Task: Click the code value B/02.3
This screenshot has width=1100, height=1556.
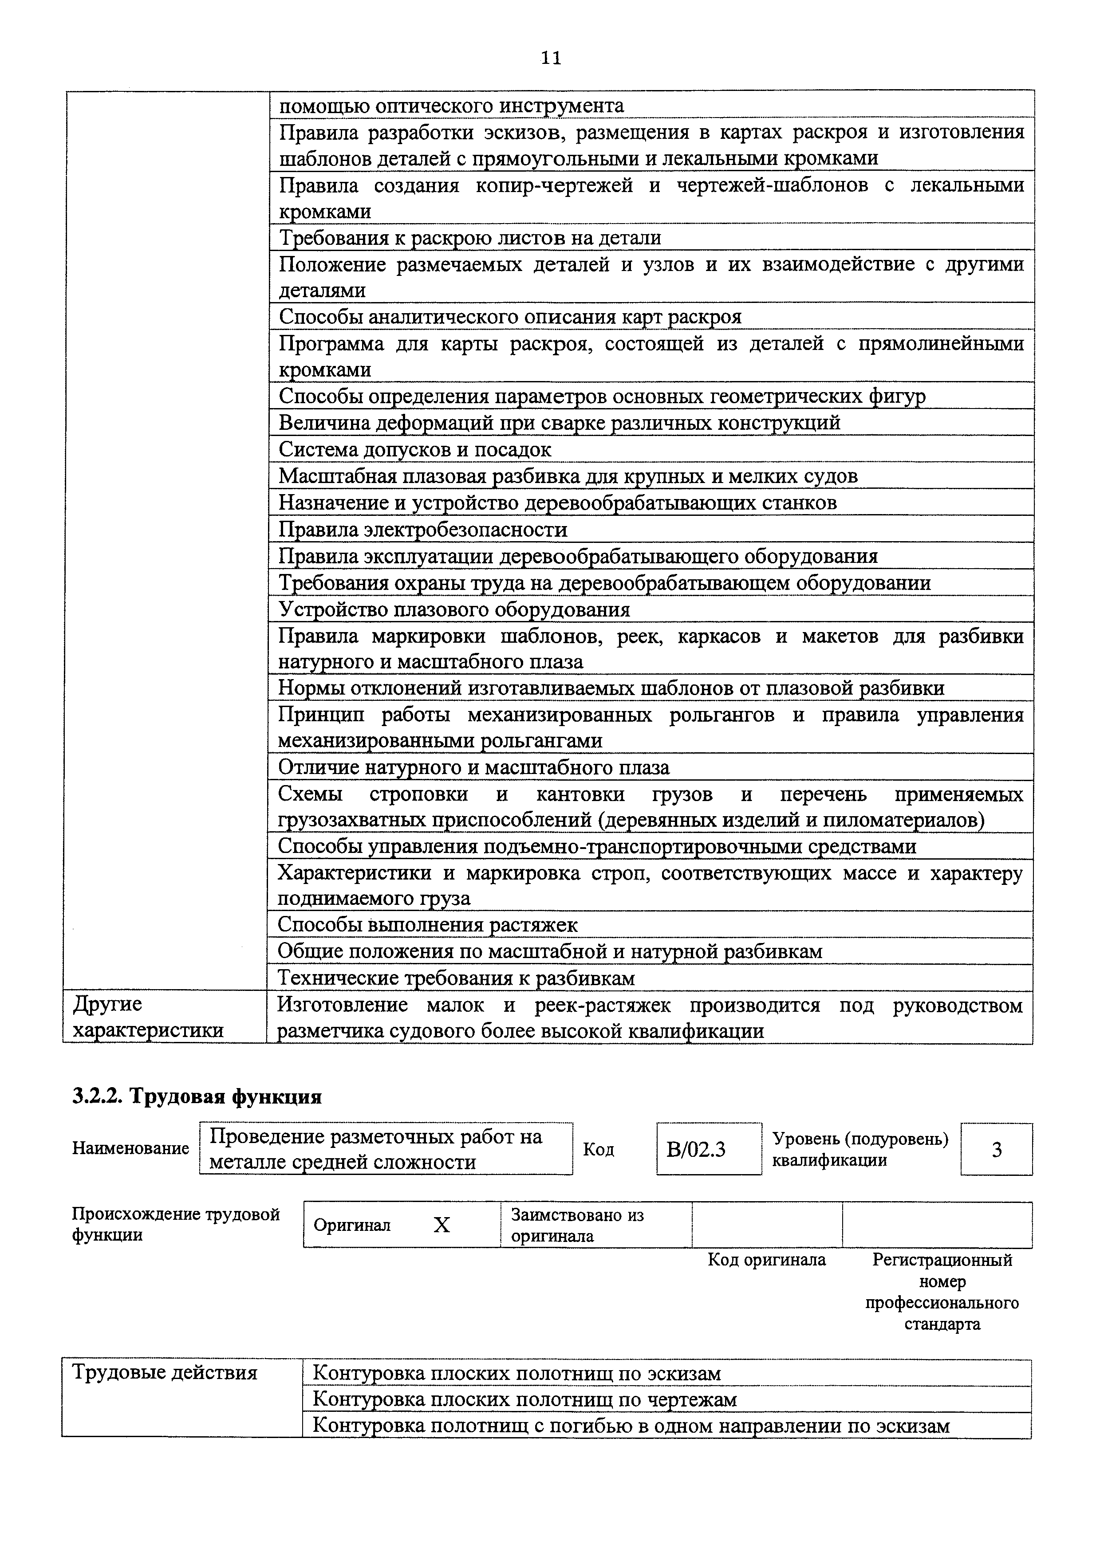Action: [x=696, y=1149]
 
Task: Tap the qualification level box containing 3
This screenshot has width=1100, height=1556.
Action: [x=996, y=1149]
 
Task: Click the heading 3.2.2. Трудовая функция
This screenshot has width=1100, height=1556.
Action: [x=197, y=1096]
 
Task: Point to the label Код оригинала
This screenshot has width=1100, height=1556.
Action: [x=767, y=1260]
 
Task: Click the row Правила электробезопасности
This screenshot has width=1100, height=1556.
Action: [x=423, y=529]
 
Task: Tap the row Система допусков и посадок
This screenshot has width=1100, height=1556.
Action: [x=415, y=449]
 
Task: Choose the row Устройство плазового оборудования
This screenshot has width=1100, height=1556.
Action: [x=454, y=610]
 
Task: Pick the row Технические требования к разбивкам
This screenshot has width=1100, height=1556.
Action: [x=456, y=978]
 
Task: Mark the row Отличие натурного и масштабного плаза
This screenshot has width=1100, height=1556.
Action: [x=474, y=768]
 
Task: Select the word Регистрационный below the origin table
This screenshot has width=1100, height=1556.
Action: [x=942, y=1260]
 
